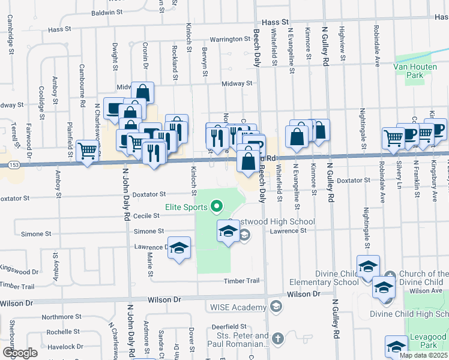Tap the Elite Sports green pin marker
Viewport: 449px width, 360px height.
(217, 208)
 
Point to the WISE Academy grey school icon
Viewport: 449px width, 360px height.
(276, 307)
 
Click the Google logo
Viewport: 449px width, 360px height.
(20, 353)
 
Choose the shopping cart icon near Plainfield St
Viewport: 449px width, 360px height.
(88, 150)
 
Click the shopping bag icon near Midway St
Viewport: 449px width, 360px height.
(143, 92)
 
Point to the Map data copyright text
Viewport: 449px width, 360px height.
(423, 355)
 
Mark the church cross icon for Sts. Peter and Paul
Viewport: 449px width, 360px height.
(277, 340)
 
